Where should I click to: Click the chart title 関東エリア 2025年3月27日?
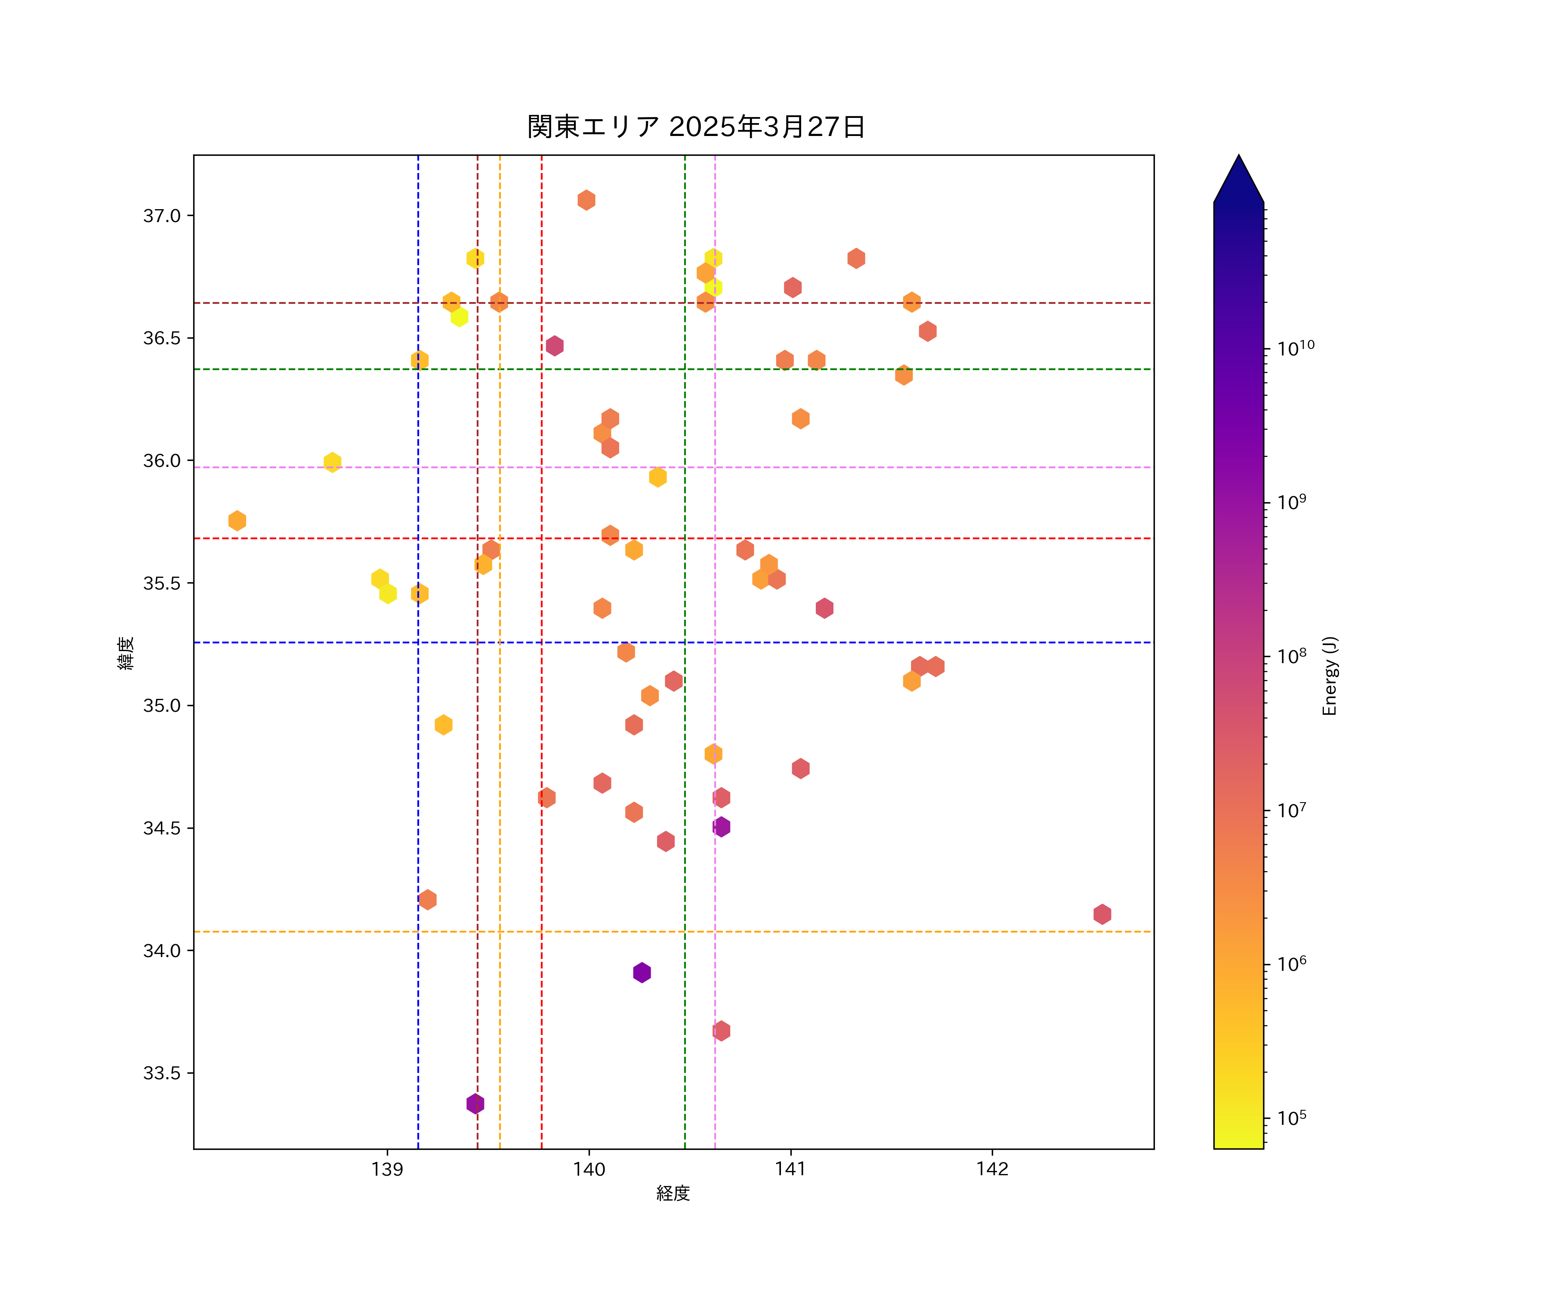pos(696,127)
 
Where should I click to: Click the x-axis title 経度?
pos(673,1193)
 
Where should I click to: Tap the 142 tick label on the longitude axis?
pos(992,1169)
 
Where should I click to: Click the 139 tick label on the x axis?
pos(387,1169)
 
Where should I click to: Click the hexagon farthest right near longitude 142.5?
pos(1102,914)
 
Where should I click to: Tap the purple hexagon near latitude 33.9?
pos(642,972)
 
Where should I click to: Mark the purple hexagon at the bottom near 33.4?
pos(475,1104)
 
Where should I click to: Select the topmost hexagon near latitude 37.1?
pos(586,200)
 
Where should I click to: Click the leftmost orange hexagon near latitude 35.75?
pos(237,520)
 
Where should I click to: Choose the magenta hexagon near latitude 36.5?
pos(555,345)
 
